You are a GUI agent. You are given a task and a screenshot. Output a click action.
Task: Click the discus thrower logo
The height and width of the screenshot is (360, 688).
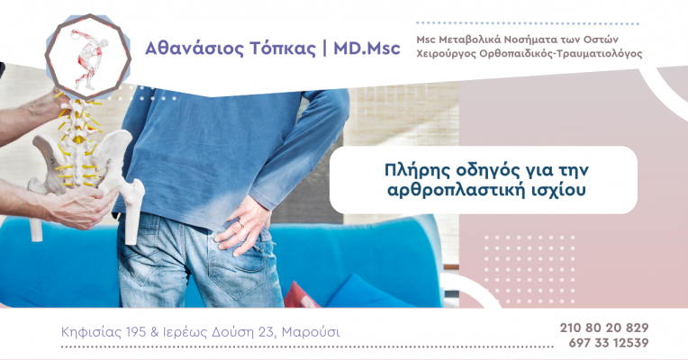(87, 57)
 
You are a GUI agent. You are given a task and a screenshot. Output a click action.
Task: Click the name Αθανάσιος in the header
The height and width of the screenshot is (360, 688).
(194, 49)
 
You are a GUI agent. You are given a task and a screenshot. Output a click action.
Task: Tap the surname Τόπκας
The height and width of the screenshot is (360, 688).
(283, 49)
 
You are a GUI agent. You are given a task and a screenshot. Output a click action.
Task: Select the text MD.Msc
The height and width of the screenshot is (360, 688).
(367, 48)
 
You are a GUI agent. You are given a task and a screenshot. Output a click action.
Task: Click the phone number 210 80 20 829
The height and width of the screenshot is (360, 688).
(603, 328)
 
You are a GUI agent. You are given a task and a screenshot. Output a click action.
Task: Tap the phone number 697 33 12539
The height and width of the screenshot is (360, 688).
(609, 343)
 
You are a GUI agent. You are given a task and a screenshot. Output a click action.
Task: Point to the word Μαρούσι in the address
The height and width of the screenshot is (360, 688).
(311, 332)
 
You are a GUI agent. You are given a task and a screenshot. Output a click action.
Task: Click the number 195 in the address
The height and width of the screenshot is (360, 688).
(136, 332)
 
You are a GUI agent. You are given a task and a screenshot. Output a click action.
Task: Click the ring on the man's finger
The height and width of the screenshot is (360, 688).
(240, 223)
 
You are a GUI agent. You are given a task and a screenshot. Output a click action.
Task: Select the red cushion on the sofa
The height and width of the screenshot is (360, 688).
(301, 295)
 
